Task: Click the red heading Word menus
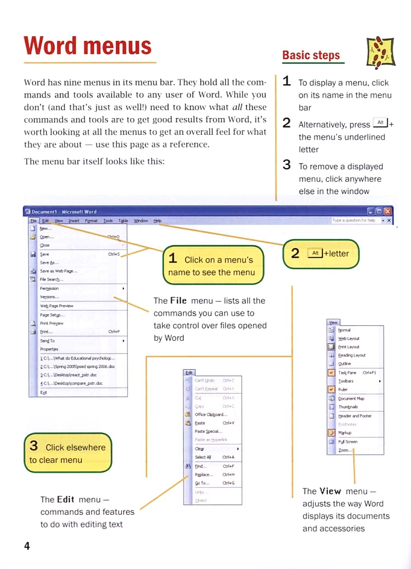pyautogui.click(x=87, y=46)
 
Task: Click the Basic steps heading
pyautogui.click(x=311, y=55)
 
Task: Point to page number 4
pyautogui.click(x=27, y=546)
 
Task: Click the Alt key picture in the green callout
pyautogui.click(x=314, y=253)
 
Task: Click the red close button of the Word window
pyautogui.click(x=388, y=211)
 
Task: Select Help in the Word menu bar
pyautogui.click(x=157, y=221)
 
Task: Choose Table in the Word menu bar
pyautogui.click(x=123, y=221)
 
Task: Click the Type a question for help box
pyautogui.click(x=354, y=221)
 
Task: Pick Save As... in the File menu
pyautogui.click(x=49, y=263)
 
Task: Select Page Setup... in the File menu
pyautogui.click(x=51, y=315)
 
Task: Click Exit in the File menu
pyautogui.click(x=43, y=392)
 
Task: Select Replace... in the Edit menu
pyautogui.click(x=204, y=474)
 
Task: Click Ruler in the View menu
pyautogui.click(x=343, y=390)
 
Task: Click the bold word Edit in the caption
pyautogui.click(x=65, y=499)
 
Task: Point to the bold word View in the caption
pyautogui.click(x=330, y=491)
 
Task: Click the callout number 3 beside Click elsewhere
pyautogui.click(x=34, y=446)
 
